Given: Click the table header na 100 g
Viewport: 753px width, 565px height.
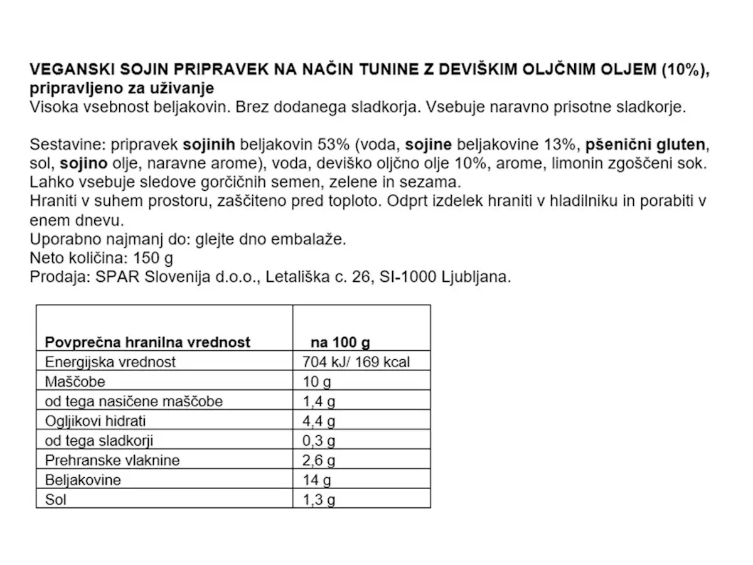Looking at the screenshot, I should coord(340,342).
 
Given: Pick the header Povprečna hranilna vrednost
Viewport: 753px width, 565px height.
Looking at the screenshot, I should coord(147,342).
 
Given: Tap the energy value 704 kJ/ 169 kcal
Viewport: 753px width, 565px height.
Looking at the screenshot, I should coord(356,362).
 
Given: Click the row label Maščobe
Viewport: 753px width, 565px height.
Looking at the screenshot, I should coord(75,382).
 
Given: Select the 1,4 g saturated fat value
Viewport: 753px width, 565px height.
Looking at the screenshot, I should coord(319,401).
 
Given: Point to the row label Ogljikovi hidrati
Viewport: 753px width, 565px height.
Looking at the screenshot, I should coord(95,421).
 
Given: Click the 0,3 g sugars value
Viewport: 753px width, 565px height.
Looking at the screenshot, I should coord(319,440).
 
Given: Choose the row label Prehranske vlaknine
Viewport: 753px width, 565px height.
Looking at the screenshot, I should coord(112,460).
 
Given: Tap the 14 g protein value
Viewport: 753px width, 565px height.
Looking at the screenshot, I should coord(316,480).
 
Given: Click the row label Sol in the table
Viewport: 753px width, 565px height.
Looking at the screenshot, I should coord(55,500).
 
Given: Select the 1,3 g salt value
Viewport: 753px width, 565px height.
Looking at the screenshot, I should coord(319,500).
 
